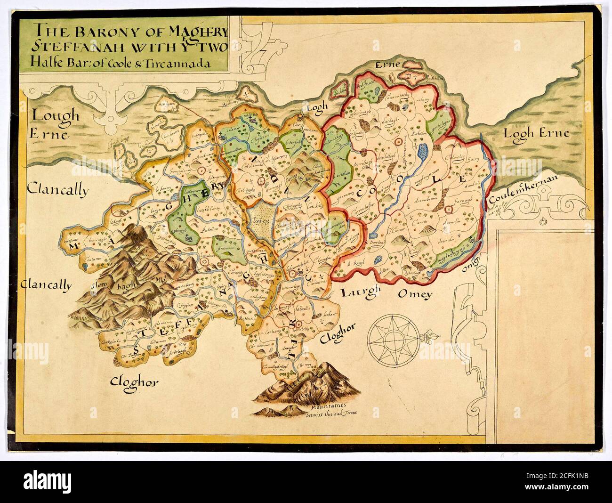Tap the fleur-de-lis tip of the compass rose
[433, 337]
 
